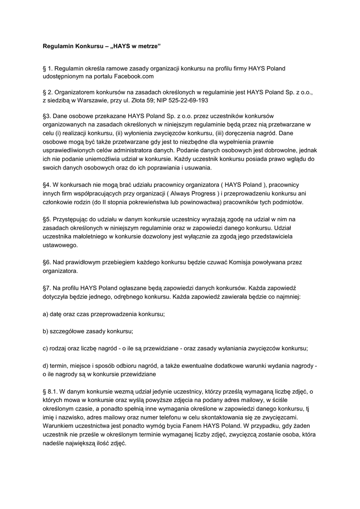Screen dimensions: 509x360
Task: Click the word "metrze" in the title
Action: click(148, 46)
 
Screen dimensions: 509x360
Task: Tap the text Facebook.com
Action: click(134, 77)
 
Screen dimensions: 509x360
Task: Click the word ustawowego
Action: click(61, 245)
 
